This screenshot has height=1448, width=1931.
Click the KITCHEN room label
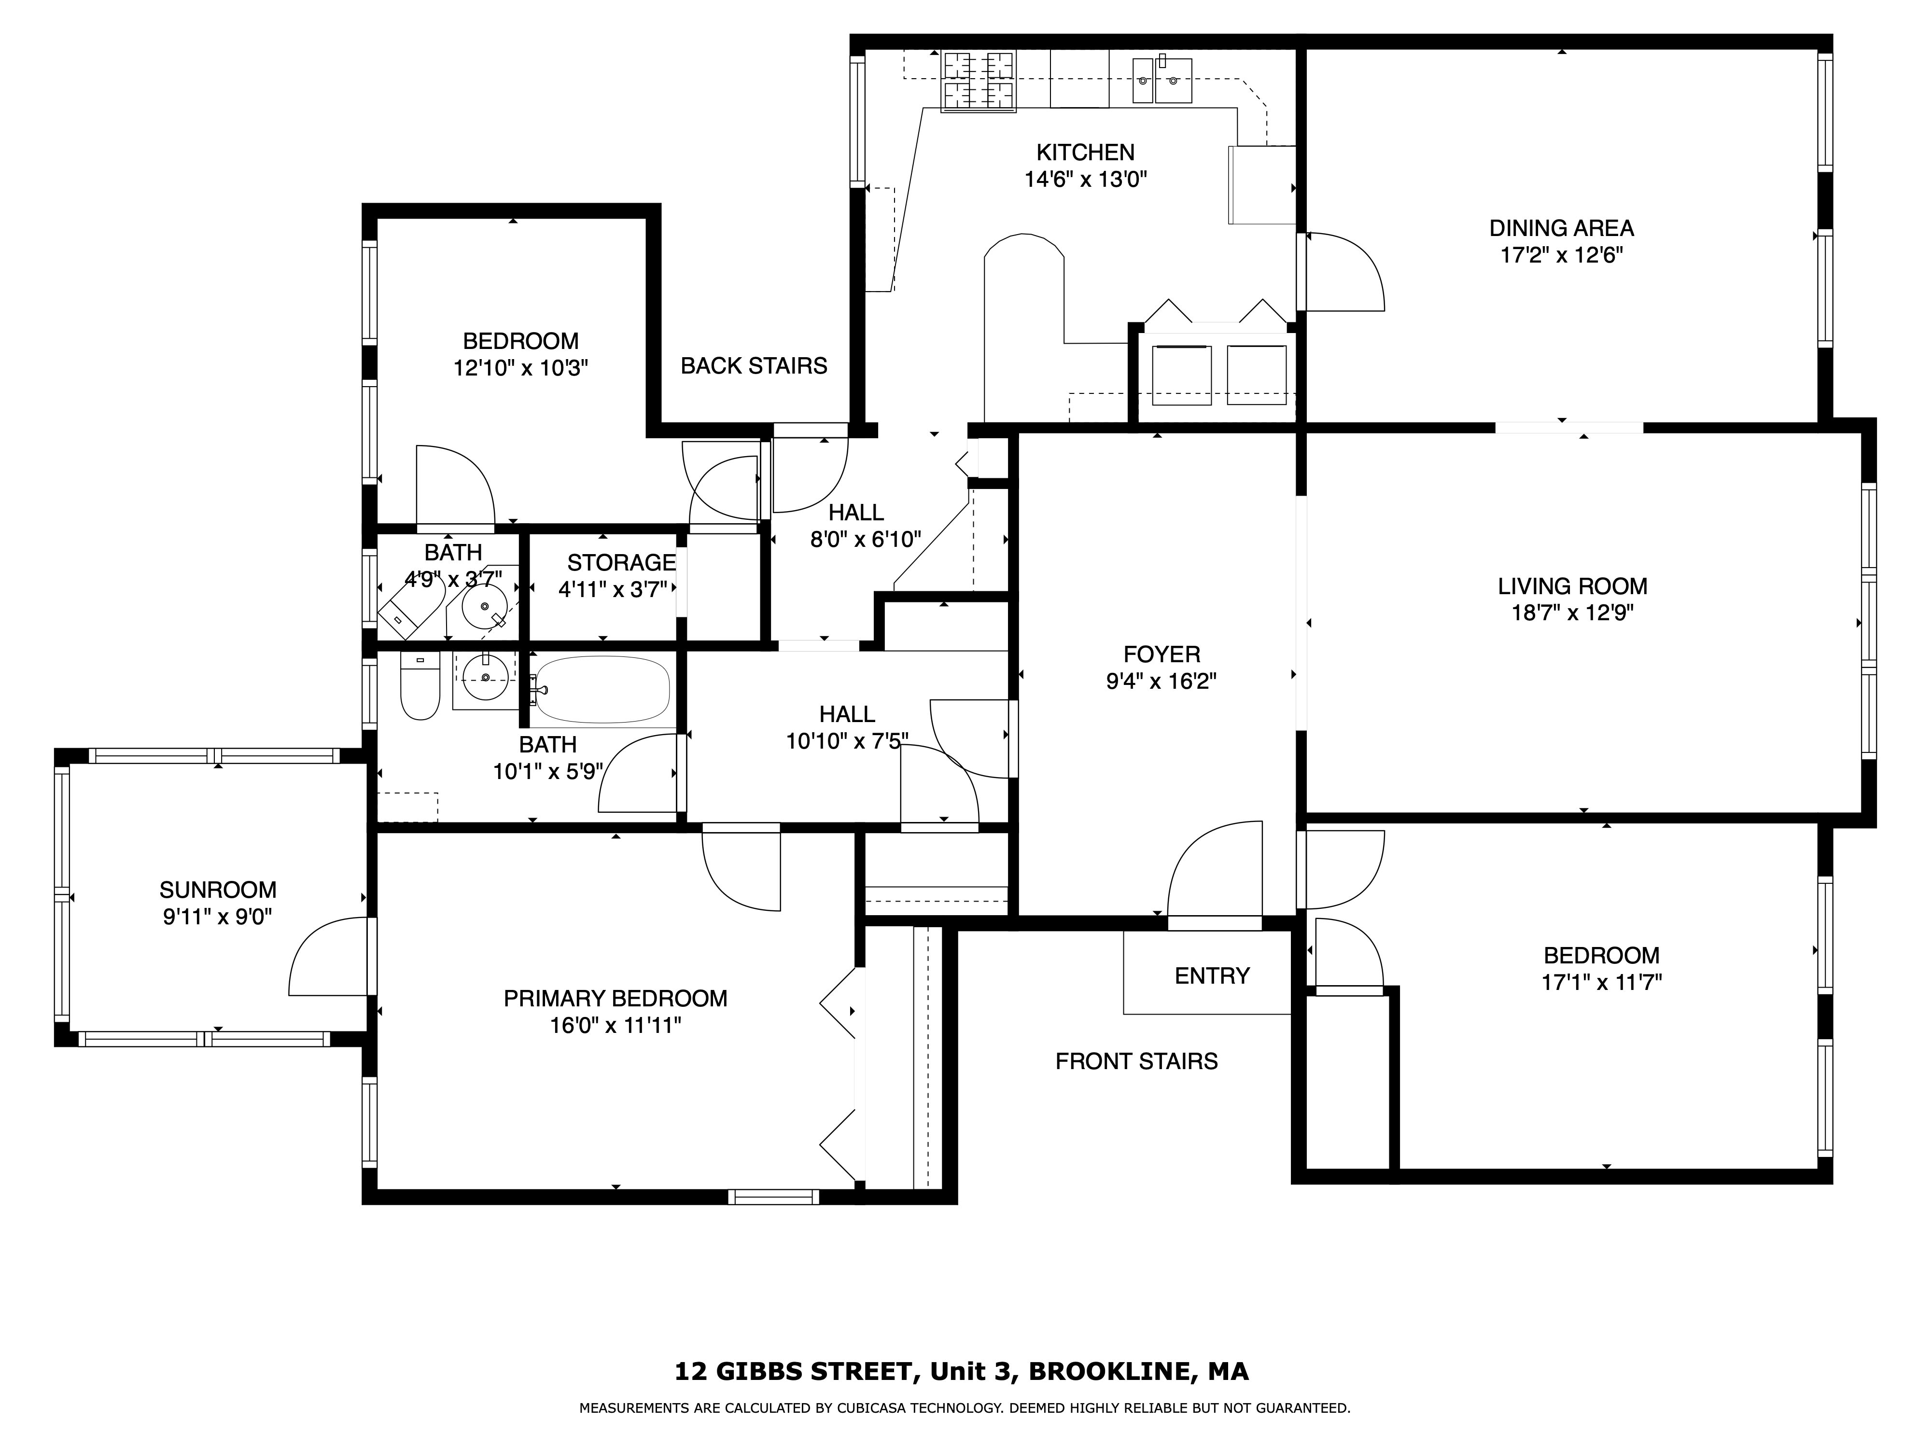[1085, 153]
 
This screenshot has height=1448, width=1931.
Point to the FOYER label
[1161, 654]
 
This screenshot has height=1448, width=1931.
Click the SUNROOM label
[217, 890]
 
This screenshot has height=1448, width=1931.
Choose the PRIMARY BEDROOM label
[616, 999]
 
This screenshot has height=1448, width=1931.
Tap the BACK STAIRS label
[754, 366]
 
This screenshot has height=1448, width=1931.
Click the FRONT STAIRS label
[1136, 1061]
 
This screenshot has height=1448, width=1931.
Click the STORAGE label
[622, 563]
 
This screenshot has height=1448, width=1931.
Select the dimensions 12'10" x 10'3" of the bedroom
[520, 368]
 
